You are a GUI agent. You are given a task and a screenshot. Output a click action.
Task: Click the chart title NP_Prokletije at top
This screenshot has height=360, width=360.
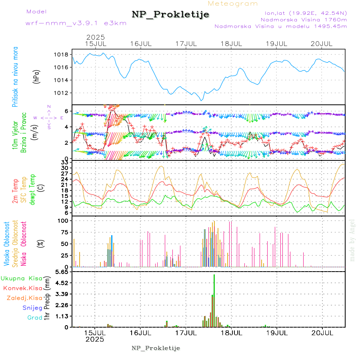[x=170, y=15]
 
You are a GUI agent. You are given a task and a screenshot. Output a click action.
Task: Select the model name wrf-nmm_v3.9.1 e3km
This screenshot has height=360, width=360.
[x=76, y=23]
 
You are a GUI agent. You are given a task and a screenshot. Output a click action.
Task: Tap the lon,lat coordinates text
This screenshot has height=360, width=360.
[x=304, y=12]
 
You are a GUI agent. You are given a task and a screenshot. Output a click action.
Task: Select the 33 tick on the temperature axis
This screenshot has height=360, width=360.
[x=64, y=162]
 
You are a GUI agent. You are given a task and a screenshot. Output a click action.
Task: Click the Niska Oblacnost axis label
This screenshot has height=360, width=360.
[x=24, y=243]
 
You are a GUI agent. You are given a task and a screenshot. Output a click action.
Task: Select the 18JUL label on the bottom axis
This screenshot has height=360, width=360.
[x=232, y=332]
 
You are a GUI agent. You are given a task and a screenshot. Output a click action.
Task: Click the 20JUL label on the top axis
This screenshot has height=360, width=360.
[x=322, y=43]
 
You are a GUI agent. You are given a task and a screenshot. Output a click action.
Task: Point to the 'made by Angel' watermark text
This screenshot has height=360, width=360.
[x=352, y=240]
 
